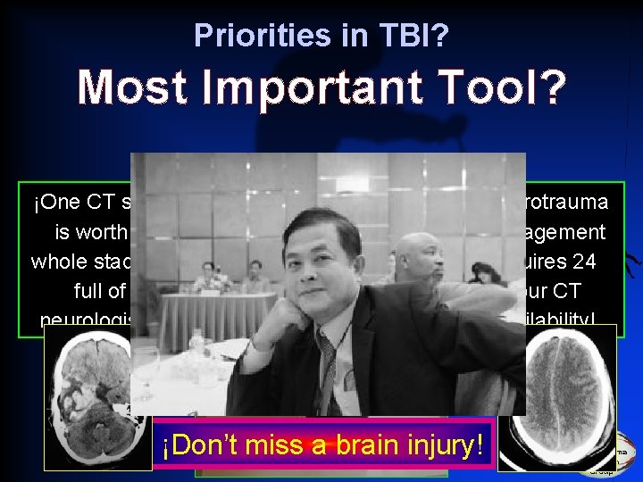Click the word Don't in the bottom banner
pos(203,445)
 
